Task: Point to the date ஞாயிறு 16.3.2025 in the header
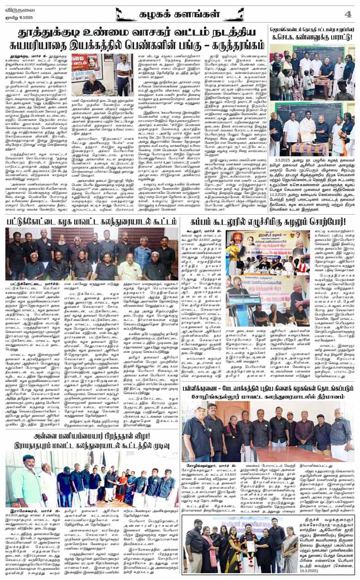(x=18, y=17)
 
